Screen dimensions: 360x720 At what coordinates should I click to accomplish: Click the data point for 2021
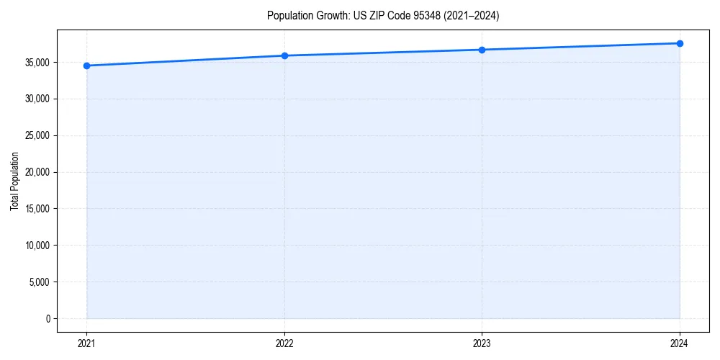tap(86, 66)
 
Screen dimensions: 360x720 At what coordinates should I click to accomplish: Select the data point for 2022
tap(284, 55)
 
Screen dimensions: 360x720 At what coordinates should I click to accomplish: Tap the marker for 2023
tap(482, 50)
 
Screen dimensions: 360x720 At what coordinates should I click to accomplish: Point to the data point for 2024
tap(680, 43)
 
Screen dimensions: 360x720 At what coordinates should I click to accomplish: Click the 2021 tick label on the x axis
tap(86, 343)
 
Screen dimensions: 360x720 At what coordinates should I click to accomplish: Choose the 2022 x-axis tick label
tap(284, 343)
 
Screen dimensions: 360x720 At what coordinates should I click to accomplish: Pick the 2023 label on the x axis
tap(482, 343)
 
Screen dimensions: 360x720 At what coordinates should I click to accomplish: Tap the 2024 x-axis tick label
tap(680, 343)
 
